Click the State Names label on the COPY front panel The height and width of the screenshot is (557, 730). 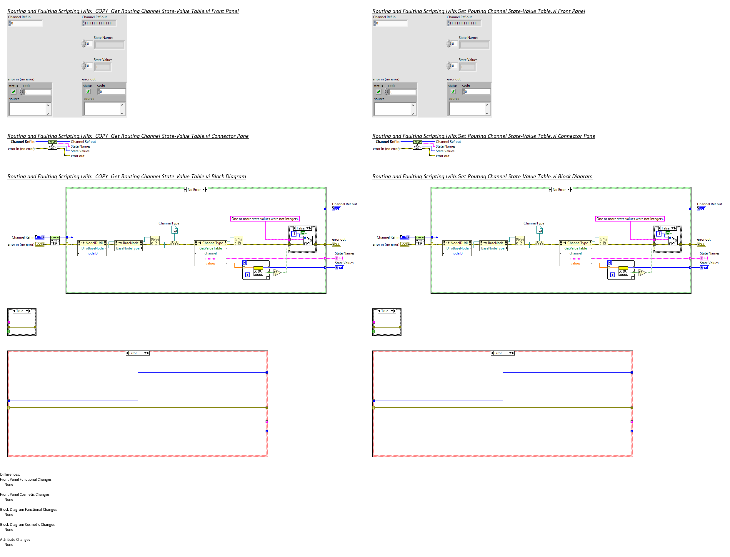(103, 38)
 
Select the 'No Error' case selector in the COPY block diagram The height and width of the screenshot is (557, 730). (195, 190)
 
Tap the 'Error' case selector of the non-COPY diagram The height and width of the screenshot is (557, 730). (502, 353)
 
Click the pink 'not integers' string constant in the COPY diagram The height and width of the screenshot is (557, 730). (264, 219)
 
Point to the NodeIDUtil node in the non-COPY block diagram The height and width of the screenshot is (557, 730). (457, 243)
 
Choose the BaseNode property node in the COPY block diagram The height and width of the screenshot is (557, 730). (129, 243)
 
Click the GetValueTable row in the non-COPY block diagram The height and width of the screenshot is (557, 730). (575, 248)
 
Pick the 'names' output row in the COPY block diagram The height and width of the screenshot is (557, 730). (210, 258)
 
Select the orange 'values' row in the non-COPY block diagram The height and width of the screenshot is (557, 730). (575, 263)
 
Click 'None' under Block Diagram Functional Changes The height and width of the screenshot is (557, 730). (9, 515)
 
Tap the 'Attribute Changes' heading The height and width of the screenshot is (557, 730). (15, 539)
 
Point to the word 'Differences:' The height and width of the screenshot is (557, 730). (10, 475)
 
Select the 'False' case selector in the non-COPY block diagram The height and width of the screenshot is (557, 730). (666, 228)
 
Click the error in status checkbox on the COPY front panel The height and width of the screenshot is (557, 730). (14, 92)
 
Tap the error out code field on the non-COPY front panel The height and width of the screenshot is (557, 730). (476, 92)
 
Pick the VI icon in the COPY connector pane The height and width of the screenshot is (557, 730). (53, 145)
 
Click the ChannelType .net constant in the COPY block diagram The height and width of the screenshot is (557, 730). (174, 230)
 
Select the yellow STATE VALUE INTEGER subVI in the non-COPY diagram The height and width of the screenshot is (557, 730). (623, 271)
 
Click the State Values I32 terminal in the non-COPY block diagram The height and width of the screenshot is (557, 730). (704, 268)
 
